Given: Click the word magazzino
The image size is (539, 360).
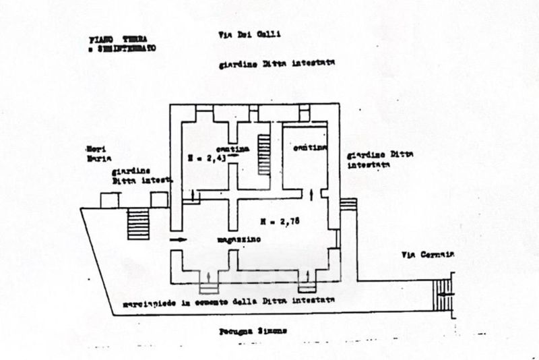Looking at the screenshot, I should coord(239,240).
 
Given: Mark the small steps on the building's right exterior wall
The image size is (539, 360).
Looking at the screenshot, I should coord(348,204).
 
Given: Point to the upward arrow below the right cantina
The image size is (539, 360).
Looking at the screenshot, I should coord(311,194).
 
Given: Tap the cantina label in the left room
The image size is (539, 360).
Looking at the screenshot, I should coord(239,148).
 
